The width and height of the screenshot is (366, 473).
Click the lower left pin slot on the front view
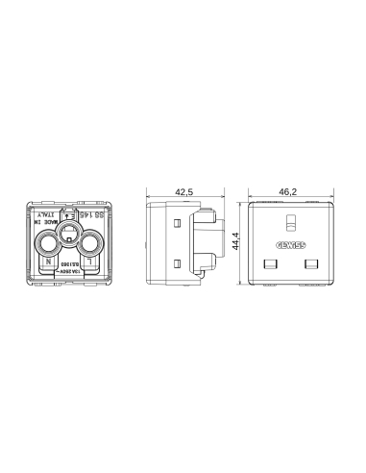click(270, 262)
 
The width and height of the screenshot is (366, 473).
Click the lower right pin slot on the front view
click(308, 262)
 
